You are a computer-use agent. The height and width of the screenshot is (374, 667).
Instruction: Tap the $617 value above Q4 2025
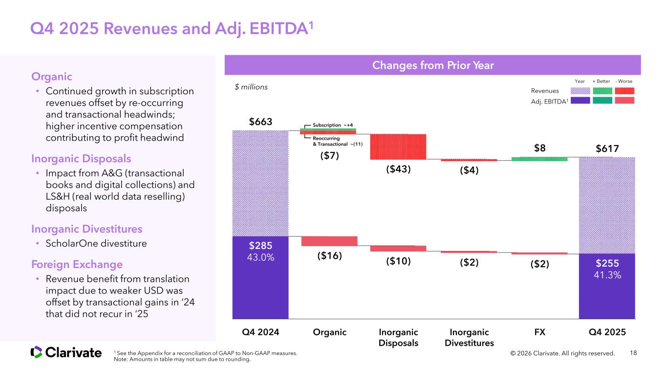coord(606,148)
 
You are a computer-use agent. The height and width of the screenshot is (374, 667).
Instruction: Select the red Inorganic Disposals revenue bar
coord(398,146)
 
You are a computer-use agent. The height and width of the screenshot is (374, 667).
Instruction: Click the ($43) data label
coord(398,169)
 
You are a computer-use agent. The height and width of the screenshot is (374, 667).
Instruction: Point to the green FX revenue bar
coord(539,159)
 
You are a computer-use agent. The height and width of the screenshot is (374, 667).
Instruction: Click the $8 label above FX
coord(539,148)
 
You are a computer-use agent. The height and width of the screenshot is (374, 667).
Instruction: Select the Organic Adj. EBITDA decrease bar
coord(329,241)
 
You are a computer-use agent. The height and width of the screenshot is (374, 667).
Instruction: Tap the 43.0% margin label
coord(260,256)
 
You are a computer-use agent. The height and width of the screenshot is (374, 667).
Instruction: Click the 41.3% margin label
coord(607,275)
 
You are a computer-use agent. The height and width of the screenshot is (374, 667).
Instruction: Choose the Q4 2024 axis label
coord(260,332)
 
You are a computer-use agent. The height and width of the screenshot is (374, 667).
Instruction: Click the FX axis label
coord(539,332)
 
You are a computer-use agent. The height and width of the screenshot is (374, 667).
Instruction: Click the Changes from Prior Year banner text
coord(432,65)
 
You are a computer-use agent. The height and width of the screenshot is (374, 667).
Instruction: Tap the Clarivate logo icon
coord(36,352)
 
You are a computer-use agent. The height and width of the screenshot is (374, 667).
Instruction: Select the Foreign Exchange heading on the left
coord(77,265)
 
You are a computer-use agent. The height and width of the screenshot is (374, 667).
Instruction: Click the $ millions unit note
coord(251,87)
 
